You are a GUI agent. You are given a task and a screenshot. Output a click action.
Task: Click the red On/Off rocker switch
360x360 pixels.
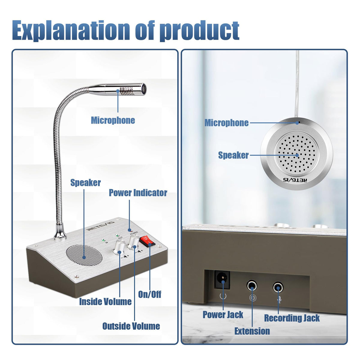147,241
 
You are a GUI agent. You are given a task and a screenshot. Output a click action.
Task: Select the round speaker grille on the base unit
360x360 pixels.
84,255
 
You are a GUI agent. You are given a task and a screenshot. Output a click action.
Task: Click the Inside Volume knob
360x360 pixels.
119,247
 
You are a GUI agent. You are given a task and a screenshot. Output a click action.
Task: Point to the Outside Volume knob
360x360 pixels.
134,242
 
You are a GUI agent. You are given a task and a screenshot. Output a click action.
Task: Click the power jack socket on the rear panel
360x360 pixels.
222,282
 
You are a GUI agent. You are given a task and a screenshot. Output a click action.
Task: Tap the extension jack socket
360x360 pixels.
252,286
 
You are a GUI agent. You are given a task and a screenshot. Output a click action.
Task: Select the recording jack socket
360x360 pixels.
278,287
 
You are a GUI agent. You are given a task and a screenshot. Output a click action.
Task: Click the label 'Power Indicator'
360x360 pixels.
138,193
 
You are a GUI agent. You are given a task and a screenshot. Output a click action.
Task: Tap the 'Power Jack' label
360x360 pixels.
223,315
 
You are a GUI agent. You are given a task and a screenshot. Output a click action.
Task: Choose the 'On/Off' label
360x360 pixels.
150,294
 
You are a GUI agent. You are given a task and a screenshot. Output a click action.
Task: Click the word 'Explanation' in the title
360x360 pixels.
71,31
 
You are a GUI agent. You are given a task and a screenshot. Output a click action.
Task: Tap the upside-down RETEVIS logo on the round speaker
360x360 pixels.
295,180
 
